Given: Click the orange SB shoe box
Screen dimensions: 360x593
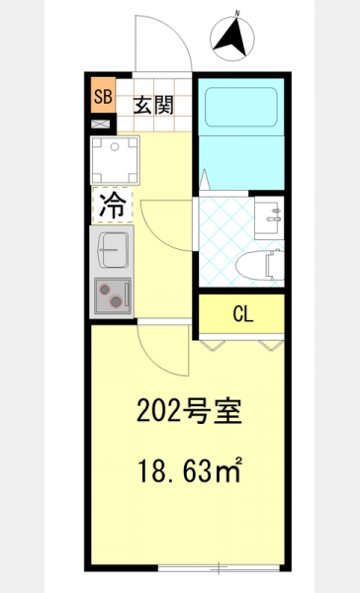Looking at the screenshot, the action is pyautogui.click(x=103, y=95).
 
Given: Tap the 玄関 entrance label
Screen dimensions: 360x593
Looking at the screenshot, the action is pyautogui.click(x=153, y=105).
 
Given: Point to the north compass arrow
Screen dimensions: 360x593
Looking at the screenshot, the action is pyautogui.click(x=231, y=38).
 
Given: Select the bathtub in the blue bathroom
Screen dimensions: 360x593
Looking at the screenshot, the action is pyautogui.click(x=241, y=107).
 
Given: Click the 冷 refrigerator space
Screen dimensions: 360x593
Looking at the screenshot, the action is pyautogui.click(x=113, y=205).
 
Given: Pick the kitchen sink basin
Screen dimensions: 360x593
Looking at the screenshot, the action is pyautogui.click(x=113, y=250).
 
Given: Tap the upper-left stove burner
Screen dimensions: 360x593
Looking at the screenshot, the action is pyautogui.click(x=104, y=290).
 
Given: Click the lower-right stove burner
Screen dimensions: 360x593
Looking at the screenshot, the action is pyautogui.click(x=116, y=301).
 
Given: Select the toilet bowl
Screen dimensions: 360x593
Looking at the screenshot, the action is pyautogui.click(x=260, y=265).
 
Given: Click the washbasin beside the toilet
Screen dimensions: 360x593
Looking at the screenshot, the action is pyautogui.click(x=269, y=217).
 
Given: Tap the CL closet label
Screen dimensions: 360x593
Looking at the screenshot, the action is pyautogui.click(x=243, y=313).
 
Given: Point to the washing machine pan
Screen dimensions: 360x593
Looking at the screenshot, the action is pyautogui.click(x=115, y=160).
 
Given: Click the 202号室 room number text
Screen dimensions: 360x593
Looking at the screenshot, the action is pyautogui.click(x=189, y=411).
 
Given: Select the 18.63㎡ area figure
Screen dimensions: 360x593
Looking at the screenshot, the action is pyautogui.click(x=190, y=469).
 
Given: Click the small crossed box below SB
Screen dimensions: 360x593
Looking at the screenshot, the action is pyautogui.click(x=100, y=124).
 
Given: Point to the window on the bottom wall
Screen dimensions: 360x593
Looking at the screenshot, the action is pyautogui.click(x=219, y=567).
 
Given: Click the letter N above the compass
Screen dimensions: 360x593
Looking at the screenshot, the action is pyautogui.click(x=237, y=14).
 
